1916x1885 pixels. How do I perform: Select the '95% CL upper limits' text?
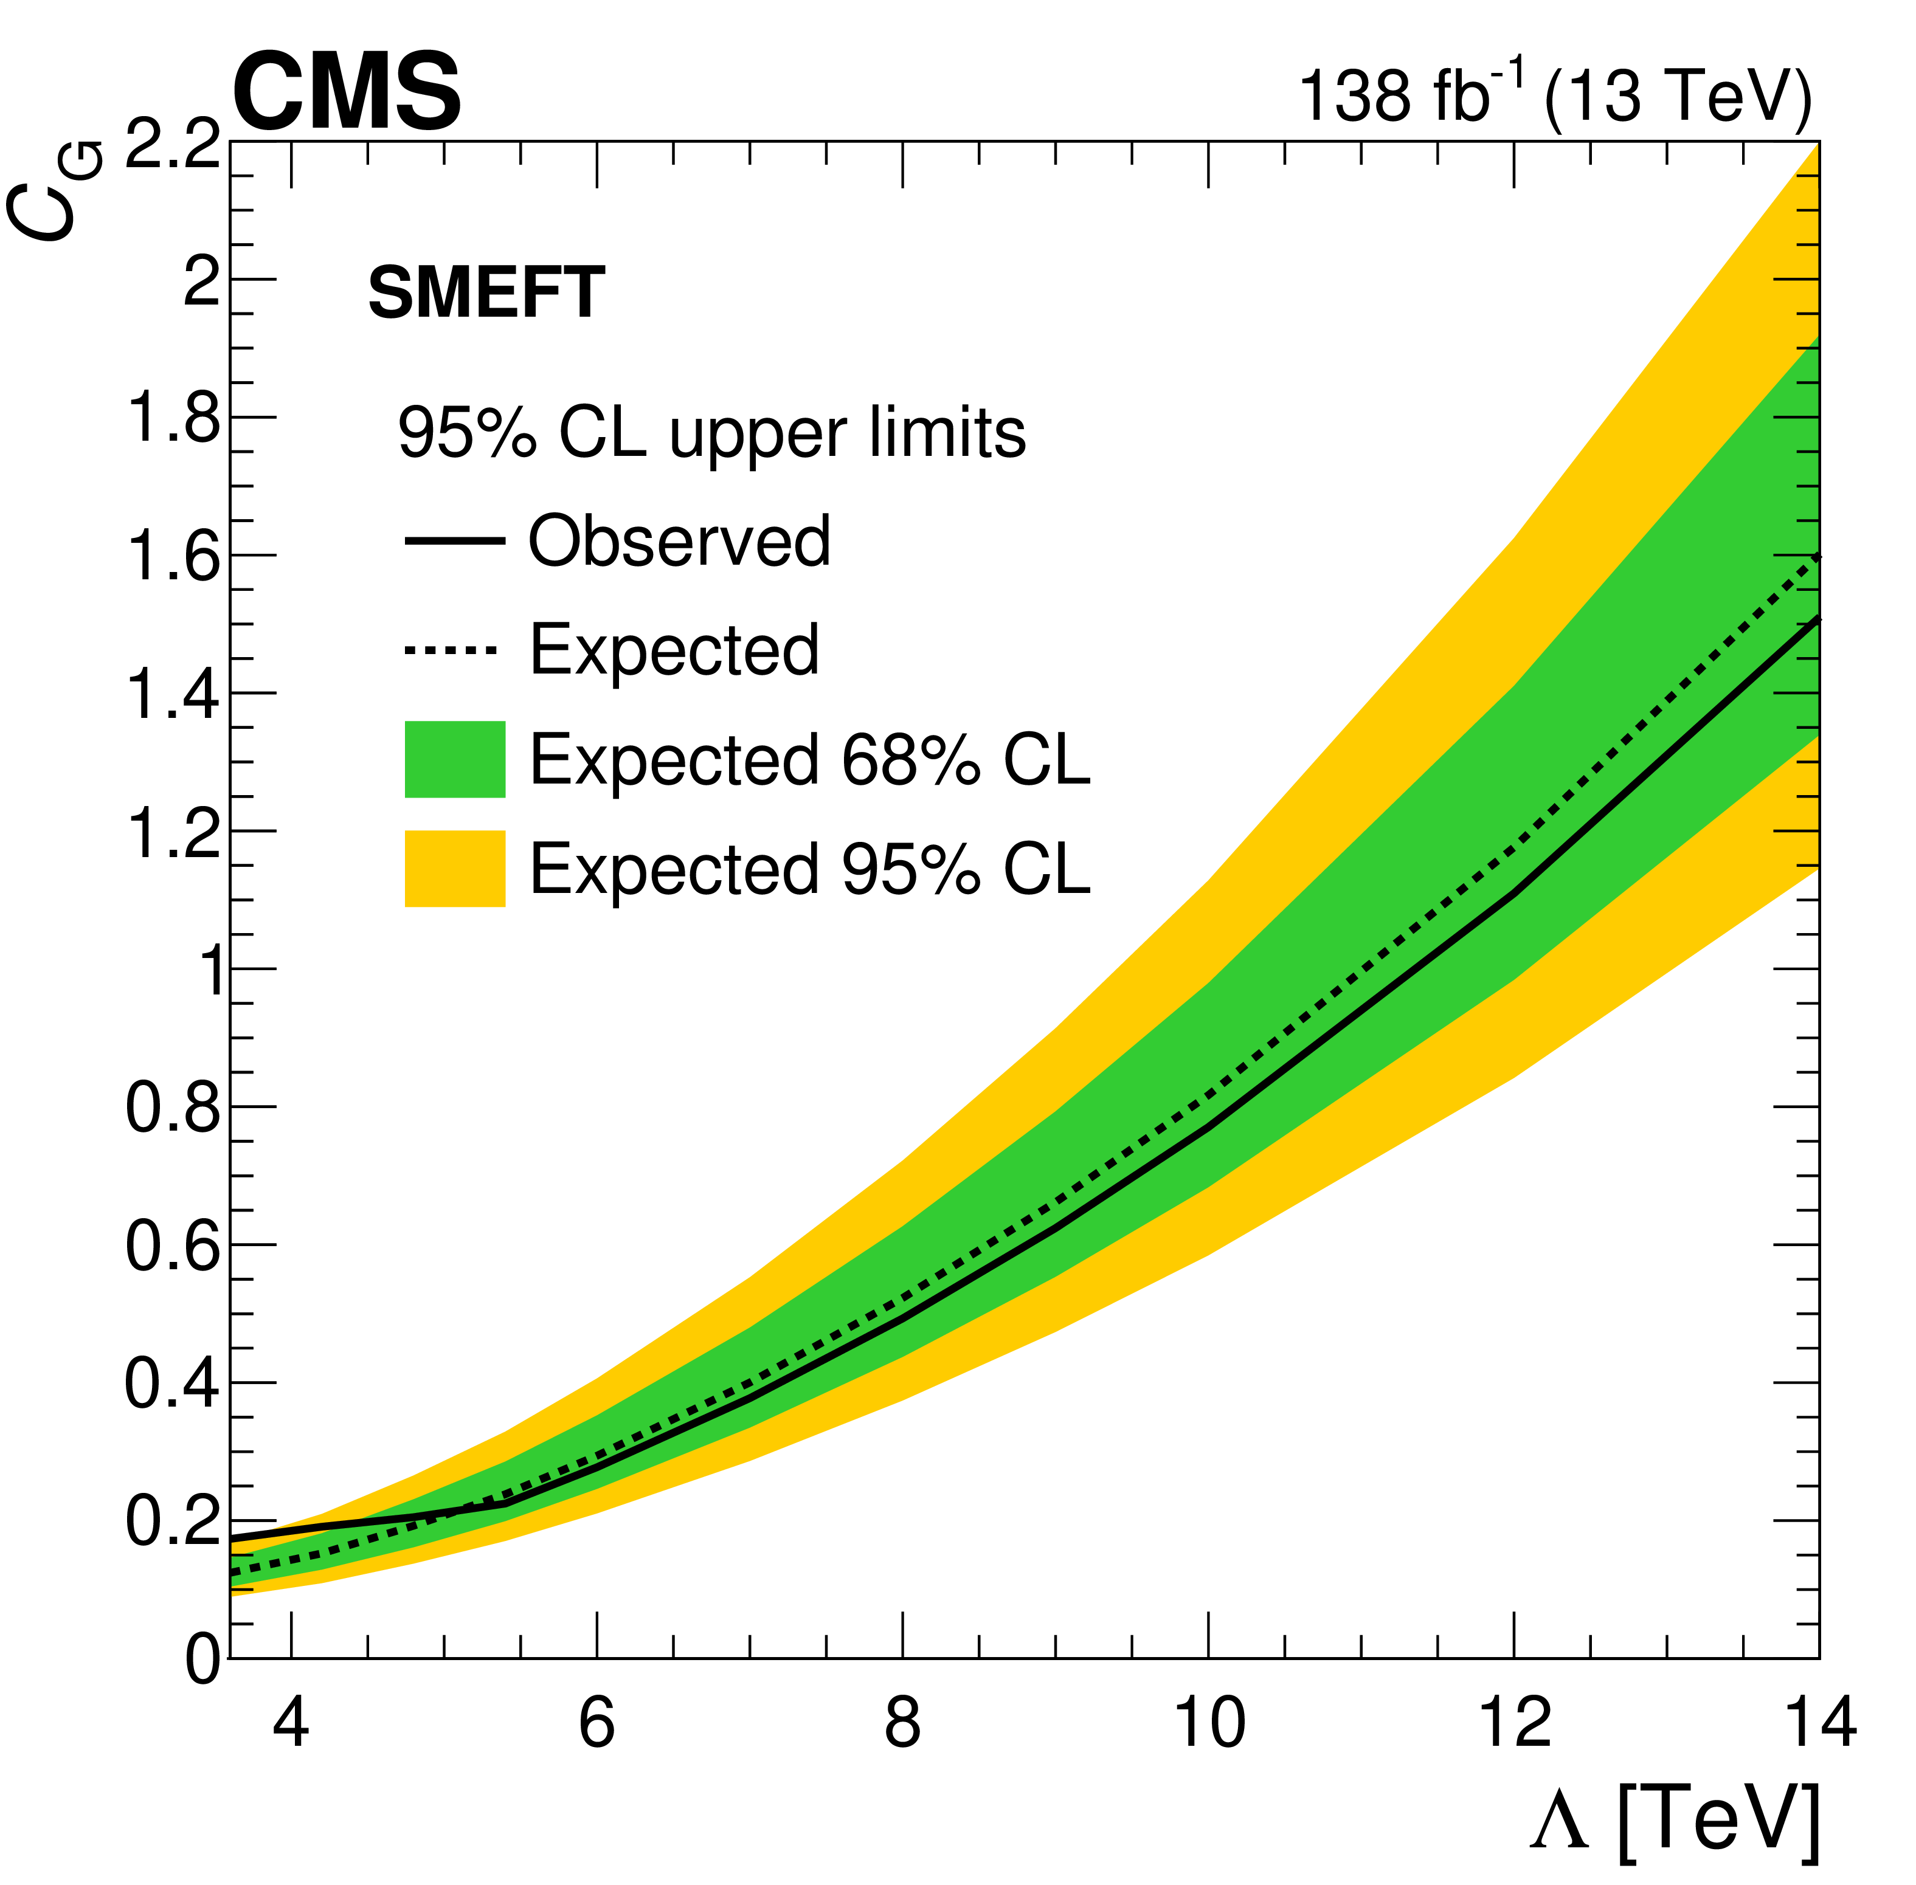point(711,433)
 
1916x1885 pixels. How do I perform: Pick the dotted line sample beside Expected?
point(451,650)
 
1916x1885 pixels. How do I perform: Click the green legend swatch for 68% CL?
point(454,759)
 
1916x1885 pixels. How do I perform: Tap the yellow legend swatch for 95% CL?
point(454,868)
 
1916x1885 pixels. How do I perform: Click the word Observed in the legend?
point(679,542)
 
